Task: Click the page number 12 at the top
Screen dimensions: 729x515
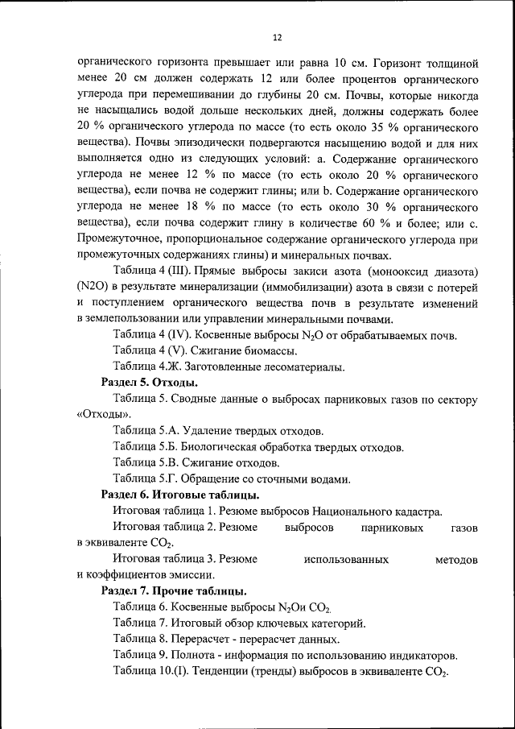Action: (x=277, y=38)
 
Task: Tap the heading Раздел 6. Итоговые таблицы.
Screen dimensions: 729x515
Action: (x=179, y=494)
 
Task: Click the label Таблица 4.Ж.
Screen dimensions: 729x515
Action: (x=146, y=367)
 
